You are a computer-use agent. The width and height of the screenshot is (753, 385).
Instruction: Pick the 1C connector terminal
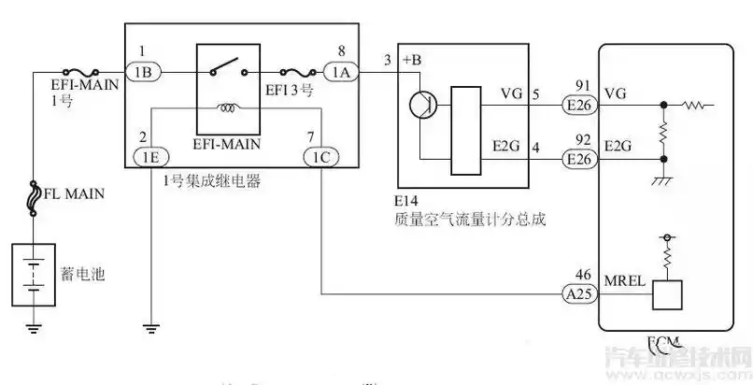coord(319,157)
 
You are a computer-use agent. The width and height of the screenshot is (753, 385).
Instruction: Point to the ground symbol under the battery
coord(34,326)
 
